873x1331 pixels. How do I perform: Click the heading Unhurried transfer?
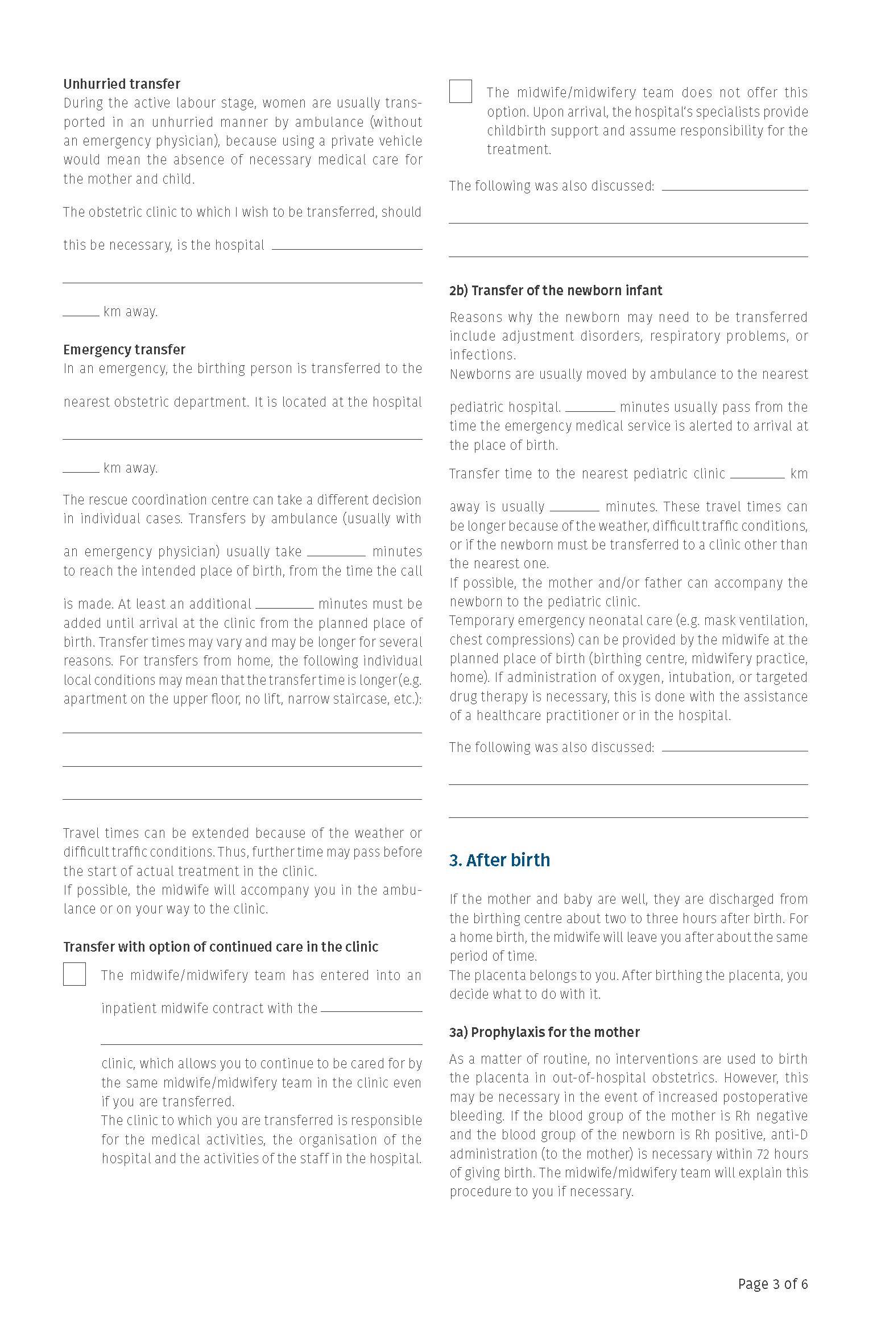click(122, 84)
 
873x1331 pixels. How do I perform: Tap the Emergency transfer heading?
click(124, 349)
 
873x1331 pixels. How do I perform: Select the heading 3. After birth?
click(499, 860)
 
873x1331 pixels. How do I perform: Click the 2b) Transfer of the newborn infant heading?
click(556, 291)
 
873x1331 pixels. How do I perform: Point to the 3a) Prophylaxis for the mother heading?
click(544, 1032)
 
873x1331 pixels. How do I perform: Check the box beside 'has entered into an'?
click(75, 974)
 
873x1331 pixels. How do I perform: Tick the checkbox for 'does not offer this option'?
click(461, 92)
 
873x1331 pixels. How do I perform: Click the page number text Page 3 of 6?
click(772, 1284)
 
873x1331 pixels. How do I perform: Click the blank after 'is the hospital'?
click(347, 245)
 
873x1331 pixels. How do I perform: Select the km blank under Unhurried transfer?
click(81, 311)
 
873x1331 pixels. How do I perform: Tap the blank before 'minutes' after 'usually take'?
click(336, 551)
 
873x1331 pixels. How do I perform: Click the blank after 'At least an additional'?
click(284, 604)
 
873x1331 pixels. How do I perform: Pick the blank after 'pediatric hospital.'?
click(590, 407)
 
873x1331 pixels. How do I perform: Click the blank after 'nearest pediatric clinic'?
click(757, 474)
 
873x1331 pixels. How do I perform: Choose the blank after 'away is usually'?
click(574, 506)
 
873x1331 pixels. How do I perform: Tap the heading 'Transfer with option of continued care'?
click(221, 946)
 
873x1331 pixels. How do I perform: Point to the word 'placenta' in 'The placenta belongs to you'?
click(500, 975)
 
